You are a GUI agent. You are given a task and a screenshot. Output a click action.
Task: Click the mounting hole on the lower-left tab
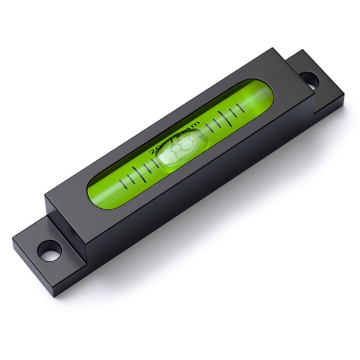[48, 251]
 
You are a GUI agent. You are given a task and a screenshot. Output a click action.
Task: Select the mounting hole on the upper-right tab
[308, 79]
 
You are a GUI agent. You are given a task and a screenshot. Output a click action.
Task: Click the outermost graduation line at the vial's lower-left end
[124, 183]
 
